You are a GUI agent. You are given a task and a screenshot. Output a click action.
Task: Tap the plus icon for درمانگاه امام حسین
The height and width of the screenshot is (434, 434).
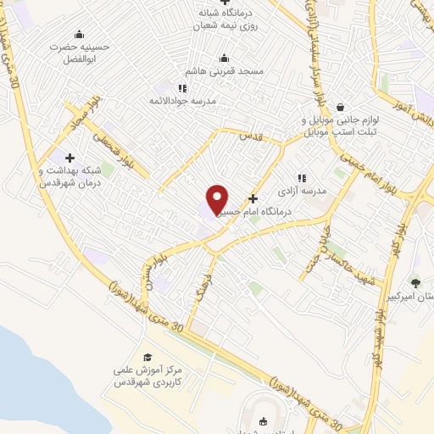pyautogui.click(x=253, y=198)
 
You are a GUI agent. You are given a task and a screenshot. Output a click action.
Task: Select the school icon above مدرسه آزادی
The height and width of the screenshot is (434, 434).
pyautogui.click(x=302, y=179)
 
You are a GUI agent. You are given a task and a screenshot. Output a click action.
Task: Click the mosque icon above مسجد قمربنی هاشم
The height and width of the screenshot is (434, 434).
pyautogui.click(x=224, y=58)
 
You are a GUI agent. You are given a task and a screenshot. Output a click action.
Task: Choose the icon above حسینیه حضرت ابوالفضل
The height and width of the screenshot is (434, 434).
pyautogui.click(x=79, y=35)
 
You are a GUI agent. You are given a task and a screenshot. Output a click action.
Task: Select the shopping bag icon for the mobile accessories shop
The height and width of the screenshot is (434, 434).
pyautogui.click(x=340, y=108)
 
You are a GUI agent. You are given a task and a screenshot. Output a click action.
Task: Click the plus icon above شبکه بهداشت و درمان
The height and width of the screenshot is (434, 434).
pyautogui.click(x=70, y=157)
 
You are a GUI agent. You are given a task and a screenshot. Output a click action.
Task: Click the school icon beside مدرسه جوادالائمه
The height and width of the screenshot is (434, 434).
pyautogui.click(x=181, y=87)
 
